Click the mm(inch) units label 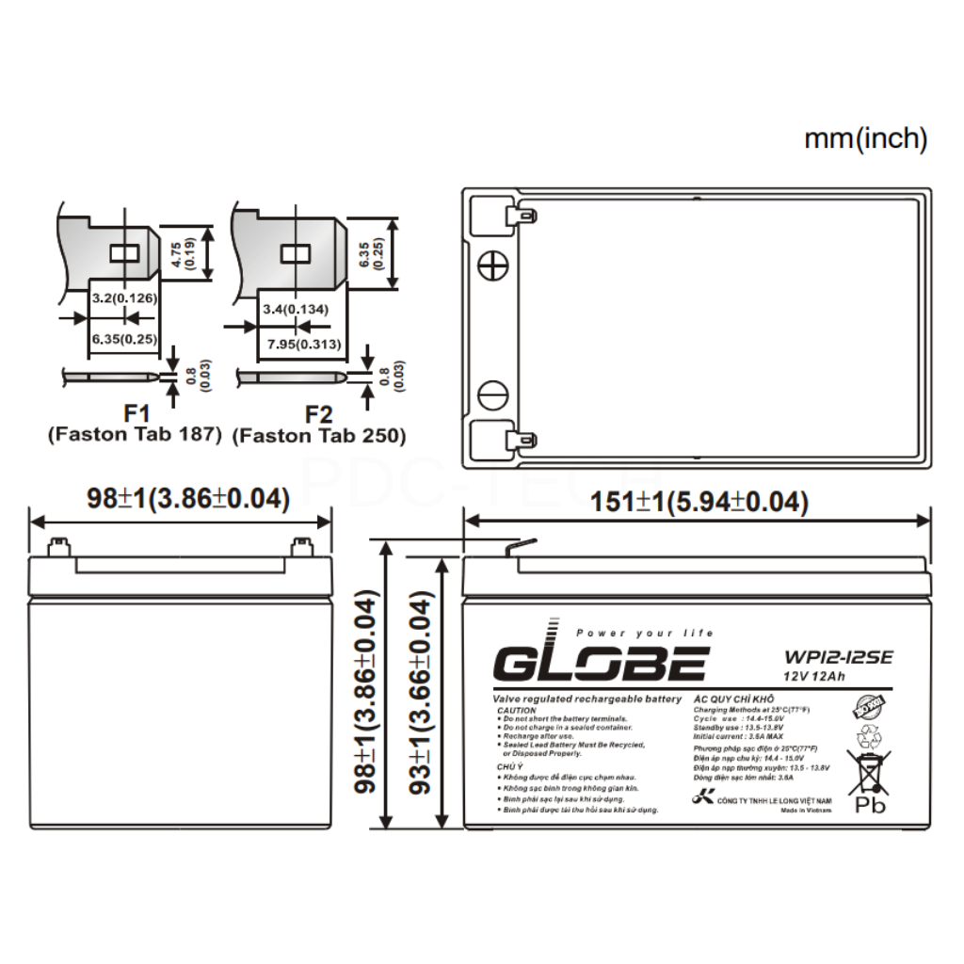[865, 139]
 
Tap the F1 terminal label [137, 414]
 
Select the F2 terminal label [319, 414]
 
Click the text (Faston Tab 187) [134, 435]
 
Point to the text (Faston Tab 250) [319, 435]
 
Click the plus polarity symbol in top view [492, 266]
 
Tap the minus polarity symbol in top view [492, 394]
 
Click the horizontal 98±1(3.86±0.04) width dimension [187, 499]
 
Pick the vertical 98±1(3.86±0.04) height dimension [367, 693]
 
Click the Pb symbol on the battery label [869, 805]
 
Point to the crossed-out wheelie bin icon [868, 769]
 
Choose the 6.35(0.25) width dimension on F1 [123, 337]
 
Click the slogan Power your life [644, 633]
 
